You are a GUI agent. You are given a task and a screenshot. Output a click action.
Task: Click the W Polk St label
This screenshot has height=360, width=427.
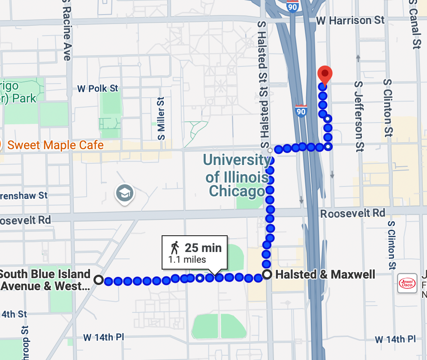point(97,89)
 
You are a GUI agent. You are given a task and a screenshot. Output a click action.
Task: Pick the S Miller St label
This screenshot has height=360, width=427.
point(161,119)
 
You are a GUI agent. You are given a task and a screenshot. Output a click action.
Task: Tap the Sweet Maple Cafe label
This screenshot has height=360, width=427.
point(55,145)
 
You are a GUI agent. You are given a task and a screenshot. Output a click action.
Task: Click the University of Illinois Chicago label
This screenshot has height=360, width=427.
point(237,175)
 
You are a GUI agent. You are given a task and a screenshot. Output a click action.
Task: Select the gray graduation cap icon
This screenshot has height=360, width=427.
point(125,194)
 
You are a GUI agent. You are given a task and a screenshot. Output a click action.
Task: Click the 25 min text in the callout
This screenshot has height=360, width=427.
point(203,248)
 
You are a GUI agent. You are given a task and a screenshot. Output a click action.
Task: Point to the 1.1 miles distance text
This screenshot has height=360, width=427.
point(187,259)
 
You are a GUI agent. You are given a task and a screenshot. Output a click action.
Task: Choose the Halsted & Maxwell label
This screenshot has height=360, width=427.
point(325,274)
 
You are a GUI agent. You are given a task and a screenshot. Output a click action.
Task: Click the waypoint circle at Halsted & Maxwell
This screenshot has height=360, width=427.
point(267,274)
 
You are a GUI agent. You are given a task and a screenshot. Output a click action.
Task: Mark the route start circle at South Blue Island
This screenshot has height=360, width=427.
point(99,280)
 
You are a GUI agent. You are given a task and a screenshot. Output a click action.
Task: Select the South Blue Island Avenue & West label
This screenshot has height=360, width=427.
point(45,280)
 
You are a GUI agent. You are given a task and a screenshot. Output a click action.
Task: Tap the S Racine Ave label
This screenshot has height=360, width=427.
point(66,30)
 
